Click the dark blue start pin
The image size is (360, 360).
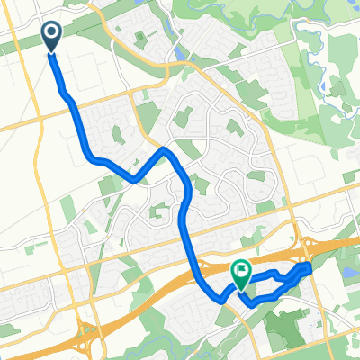click(51, 35)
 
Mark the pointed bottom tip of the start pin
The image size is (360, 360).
click(51, 51)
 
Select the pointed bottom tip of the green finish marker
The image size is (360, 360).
click(241, 289)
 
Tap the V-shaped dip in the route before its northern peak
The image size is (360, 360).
click(134, 178)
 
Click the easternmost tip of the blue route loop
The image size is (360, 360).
click(310, 267)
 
